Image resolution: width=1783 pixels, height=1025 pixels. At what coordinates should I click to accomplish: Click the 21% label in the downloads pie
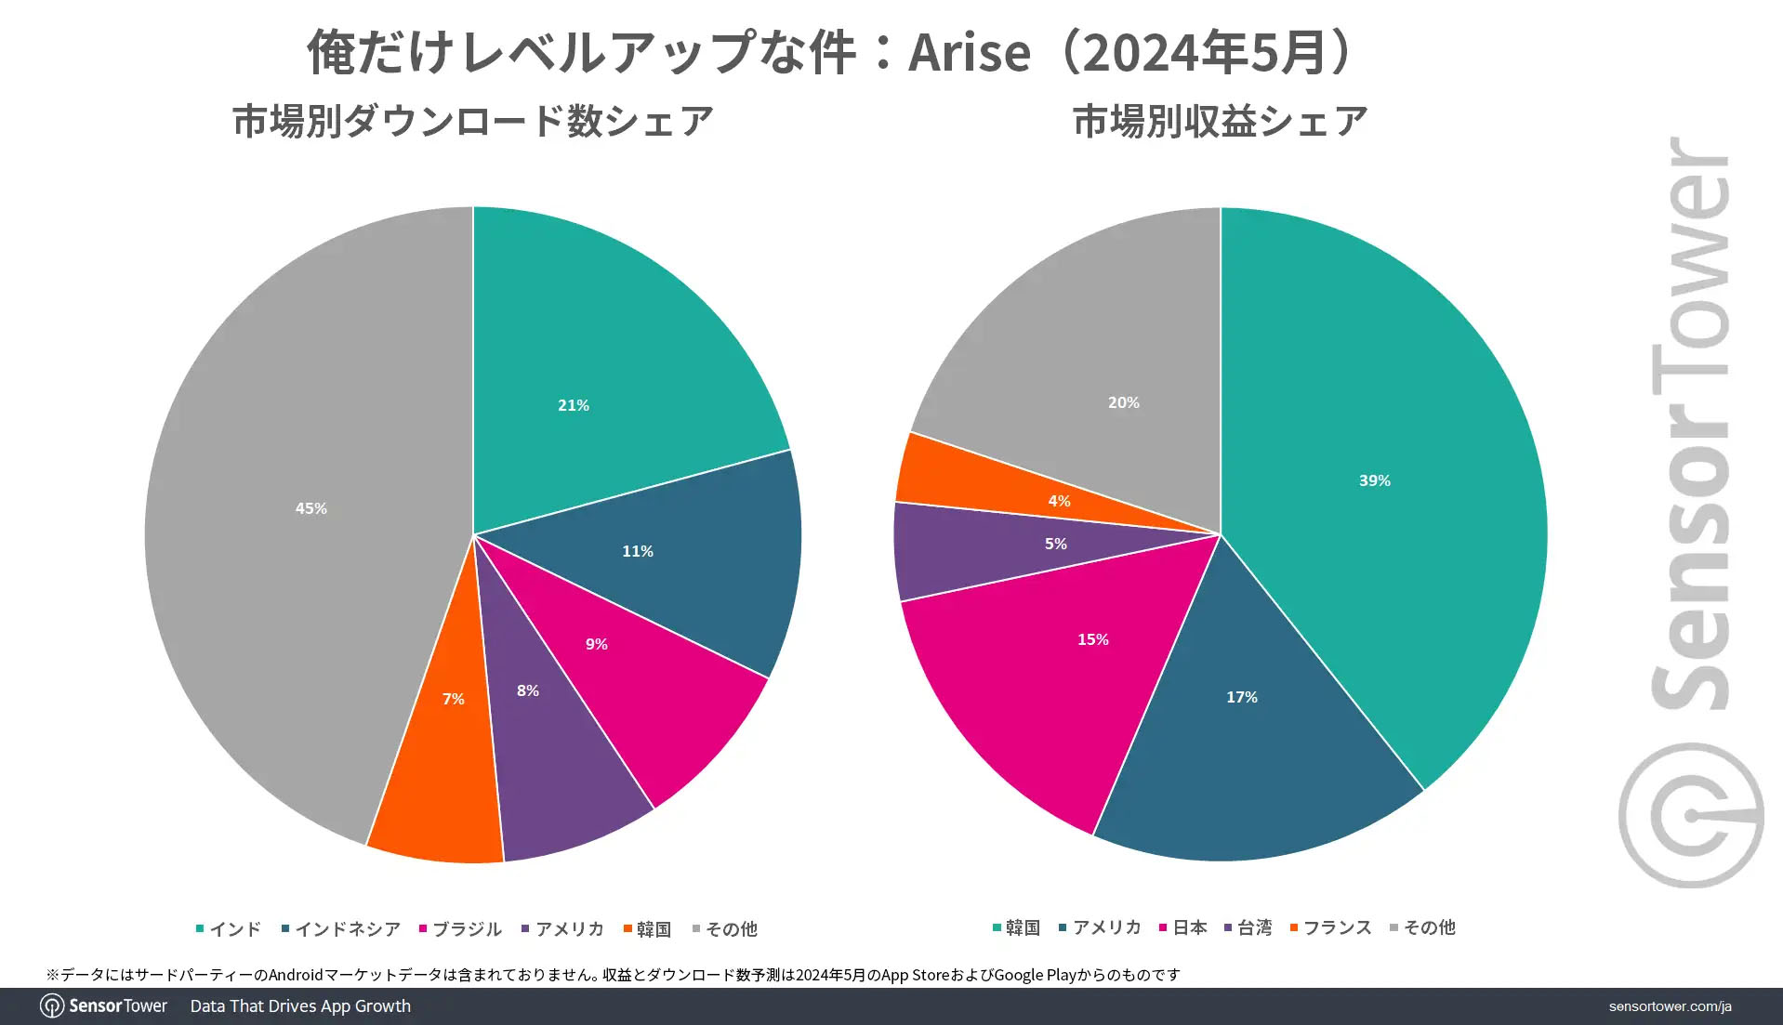point(573,405)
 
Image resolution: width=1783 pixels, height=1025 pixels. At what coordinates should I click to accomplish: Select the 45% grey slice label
point(310,508)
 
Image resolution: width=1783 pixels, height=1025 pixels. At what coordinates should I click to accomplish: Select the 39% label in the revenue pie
point(1374,480)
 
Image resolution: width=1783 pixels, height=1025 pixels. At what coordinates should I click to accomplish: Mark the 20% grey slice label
point(1123,402)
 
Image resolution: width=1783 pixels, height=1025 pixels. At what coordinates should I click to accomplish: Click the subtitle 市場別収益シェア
point(1220,122)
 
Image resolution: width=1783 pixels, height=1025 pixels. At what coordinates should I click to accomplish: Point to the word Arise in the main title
point(969,52)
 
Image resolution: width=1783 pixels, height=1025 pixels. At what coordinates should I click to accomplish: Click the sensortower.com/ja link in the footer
point(1670,1006)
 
